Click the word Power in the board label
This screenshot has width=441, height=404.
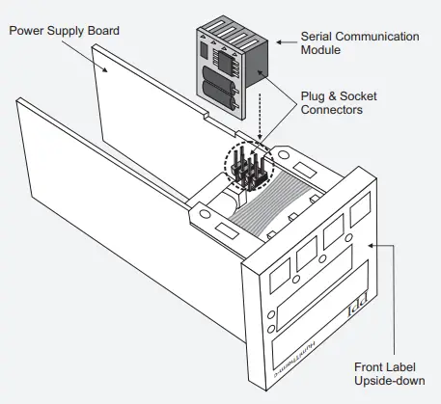pos(28,31)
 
